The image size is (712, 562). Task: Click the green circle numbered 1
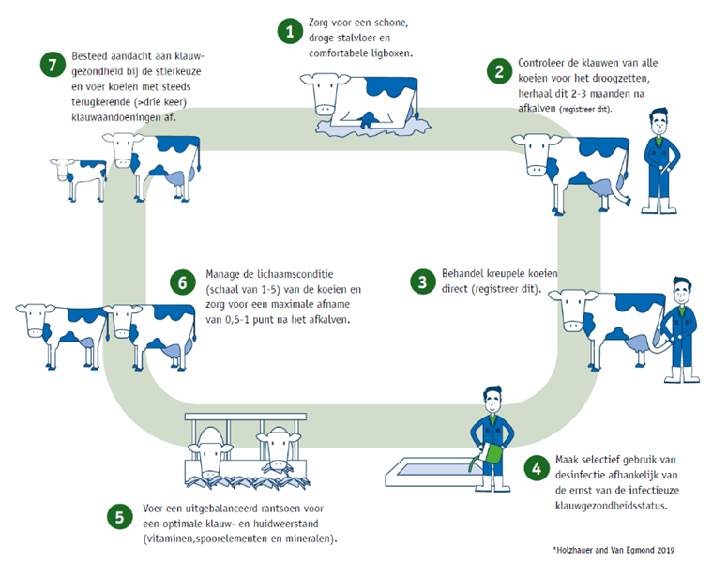point(291,31)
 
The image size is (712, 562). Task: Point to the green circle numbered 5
point(118,515)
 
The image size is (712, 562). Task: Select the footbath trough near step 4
point(431,464)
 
